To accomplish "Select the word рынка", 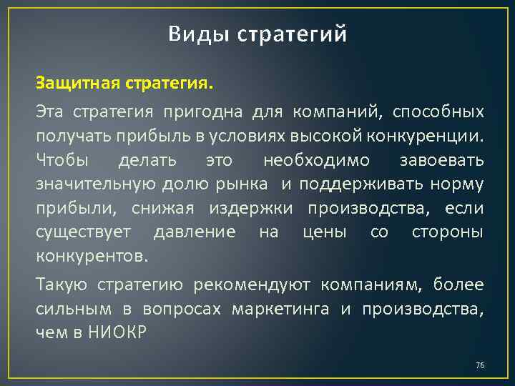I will tap(242, 184).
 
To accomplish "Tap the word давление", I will tap(195, 233).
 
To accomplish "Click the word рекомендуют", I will tap(252, 284).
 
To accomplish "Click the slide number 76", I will tap(479, 366).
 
